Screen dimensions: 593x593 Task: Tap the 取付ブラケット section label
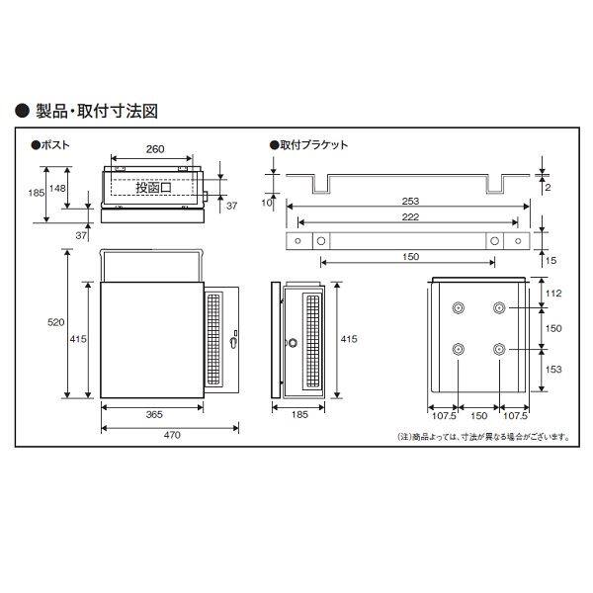[309, 144]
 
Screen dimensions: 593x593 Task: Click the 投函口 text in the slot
[153, 187]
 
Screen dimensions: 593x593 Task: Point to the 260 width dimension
[153, 151]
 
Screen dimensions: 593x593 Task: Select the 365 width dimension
[152, 415]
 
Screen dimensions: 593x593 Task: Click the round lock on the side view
[292, 343]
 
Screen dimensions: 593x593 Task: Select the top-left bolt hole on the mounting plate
[458, 309]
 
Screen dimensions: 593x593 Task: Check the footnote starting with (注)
[482, 436]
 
